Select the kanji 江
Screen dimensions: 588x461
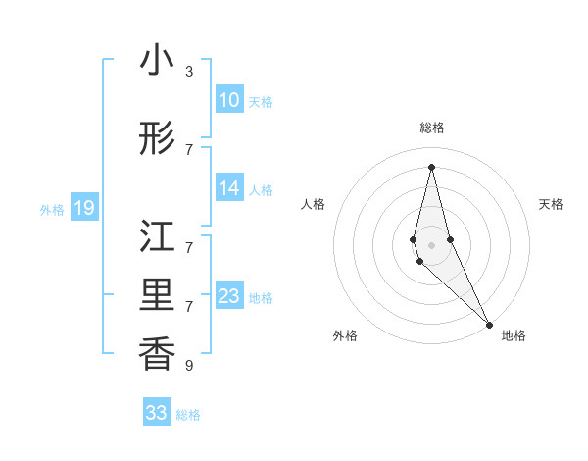[157, 238]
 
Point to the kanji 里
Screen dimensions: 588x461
[157, 297]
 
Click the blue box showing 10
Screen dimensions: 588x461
[228, 100]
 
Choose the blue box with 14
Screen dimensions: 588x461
[228, 189]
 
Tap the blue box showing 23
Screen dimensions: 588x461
[228, 297]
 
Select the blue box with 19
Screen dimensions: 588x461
[83, 208]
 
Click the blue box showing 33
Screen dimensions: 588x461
[157, 413]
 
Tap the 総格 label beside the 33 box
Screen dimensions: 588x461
[188, 415]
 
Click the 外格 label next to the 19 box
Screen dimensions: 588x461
[52, 209]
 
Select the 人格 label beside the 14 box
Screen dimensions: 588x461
[261, 190]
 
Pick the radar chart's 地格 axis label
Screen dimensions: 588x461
[514, 335]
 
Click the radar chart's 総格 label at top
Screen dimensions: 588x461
[432, 128]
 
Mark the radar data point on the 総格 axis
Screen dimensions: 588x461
[431, 166]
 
